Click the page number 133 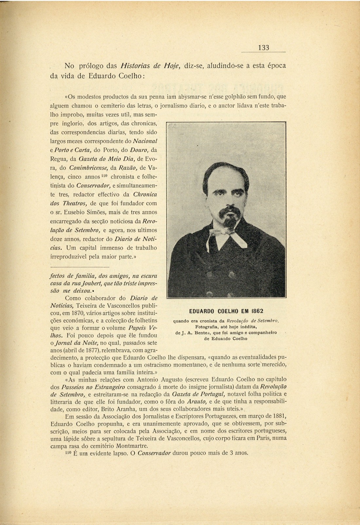[263, 48]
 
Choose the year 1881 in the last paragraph [279, 416]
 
